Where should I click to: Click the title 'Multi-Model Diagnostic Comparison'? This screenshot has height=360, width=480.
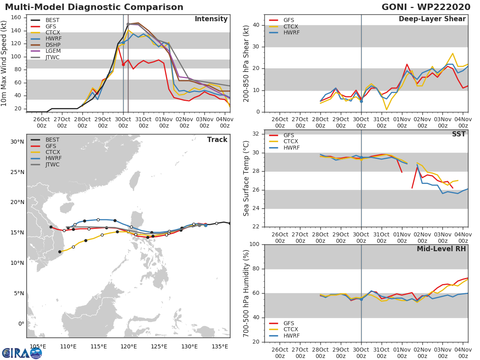(94, 7)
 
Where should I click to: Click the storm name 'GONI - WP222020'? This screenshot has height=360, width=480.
(426, 7)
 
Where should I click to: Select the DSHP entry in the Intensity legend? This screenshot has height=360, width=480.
(53, 45)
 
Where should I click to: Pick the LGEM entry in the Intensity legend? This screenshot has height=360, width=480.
(53, 52)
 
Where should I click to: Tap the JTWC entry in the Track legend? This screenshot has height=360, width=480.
(53, 165)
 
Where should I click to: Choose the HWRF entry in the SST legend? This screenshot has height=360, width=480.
(291, 148)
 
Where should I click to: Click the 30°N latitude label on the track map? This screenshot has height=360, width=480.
(17, 142)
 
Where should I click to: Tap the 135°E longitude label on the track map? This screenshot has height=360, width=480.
(220, 346)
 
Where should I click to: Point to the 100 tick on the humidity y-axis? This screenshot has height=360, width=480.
(254, 244)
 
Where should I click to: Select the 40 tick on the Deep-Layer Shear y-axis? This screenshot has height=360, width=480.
(256, 25)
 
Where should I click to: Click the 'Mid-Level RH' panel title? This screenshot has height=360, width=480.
(441, 249)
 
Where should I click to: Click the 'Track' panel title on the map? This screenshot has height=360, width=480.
(217, 140)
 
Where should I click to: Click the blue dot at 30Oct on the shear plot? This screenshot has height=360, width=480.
(361, 101)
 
